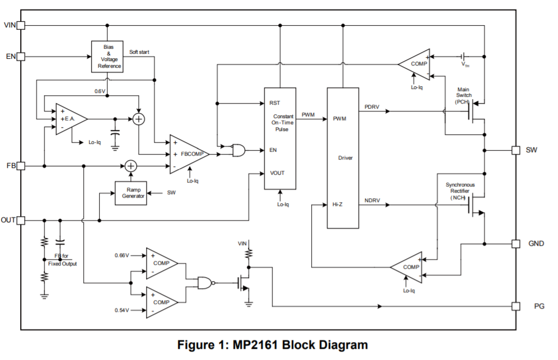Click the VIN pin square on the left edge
21,25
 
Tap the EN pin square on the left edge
21,57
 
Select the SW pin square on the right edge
515,150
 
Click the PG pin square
515,306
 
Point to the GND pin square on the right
515,244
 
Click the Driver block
343,158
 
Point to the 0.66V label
121,256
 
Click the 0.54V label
121,310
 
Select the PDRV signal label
372,106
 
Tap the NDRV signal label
372,200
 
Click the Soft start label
139,52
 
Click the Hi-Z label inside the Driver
337,204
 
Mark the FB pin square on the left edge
21,166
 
